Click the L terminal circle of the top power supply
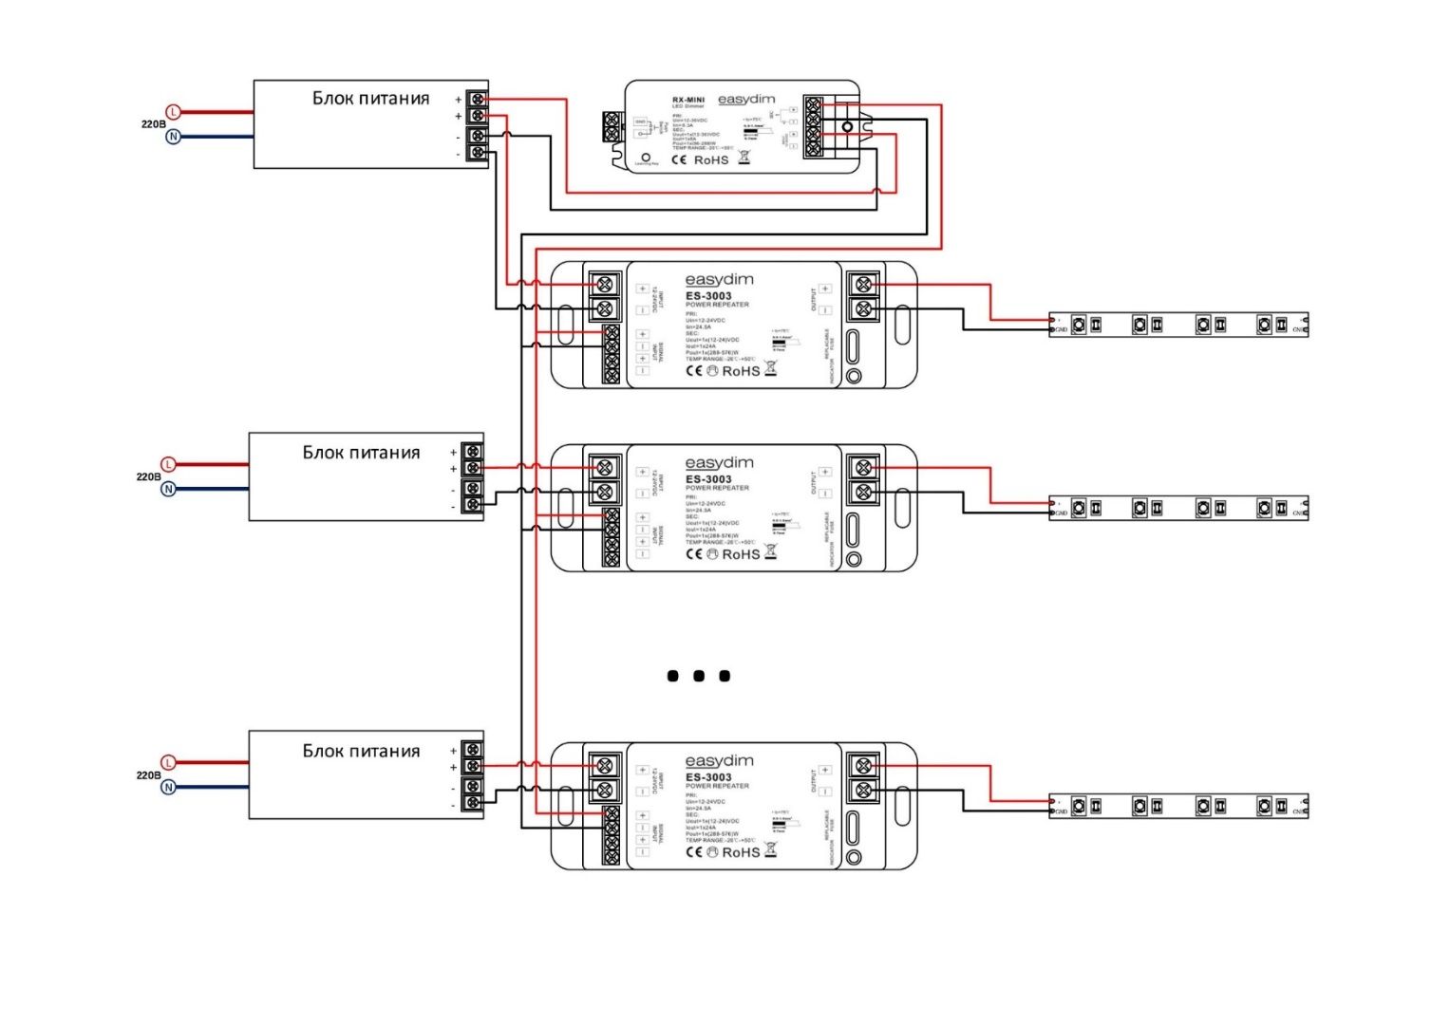[x=174, y=112]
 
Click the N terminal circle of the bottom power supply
[x=168, y=788]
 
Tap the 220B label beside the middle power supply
[x=148, y=476]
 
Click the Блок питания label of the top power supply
[x=370, y=99]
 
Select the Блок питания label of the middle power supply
[x=361, y=453]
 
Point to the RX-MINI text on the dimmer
[x=688, y=99]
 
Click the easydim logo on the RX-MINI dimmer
[x=746, y=100]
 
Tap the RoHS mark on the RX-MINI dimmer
[x=710, y=160]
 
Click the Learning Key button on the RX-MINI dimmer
[x=646, y=158]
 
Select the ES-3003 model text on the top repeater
[x=708, y=296]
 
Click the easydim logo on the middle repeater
[x=719, y=463]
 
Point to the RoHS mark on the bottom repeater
[x=741, y=852]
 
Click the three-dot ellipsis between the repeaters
[x=699, y=676]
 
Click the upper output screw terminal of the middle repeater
[x=862, y=468]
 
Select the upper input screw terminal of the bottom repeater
[x=604, y=766]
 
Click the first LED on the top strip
[x=1079, y=325]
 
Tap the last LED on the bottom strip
[x=1265, y=806]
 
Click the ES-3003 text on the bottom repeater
[x=708, y=777]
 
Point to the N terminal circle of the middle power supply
[x=168, y=490]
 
